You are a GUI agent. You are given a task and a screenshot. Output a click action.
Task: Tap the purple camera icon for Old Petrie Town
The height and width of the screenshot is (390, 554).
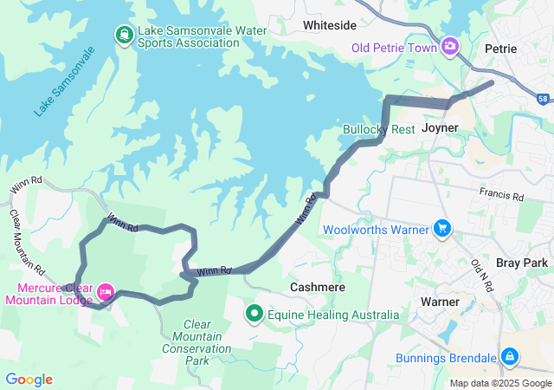[450, 46]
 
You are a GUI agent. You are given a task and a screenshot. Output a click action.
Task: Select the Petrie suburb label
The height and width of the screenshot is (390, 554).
[501, 49]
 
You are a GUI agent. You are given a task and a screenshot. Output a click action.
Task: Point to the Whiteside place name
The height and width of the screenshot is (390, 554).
[329, 26]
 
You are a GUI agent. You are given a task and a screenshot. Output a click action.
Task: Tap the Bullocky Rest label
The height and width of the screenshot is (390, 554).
[379, 129]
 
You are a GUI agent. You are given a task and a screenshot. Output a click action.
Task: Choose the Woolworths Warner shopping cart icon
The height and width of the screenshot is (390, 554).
[442, 229]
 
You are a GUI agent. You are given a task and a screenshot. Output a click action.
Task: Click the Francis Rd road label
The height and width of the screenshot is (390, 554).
[502, 197]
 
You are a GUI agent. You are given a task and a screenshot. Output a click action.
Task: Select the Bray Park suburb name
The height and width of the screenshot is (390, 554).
[523, 262]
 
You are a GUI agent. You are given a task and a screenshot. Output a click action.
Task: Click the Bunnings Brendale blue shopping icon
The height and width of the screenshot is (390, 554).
[510, 356]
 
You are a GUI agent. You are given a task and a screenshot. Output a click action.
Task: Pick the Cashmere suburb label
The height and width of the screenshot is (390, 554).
[318, 287]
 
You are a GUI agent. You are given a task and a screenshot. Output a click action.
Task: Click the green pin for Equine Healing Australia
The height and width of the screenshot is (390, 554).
[254, 314]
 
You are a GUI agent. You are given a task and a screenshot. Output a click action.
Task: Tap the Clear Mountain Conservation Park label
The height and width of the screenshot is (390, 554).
[196, 342]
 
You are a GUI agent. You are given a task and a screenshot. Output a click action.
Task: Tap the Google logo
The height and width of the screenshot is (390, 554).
[29, 380]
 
